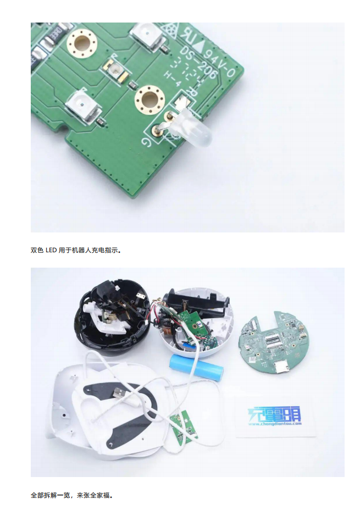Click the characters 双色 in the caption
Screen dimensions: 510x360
click(x=36, y=251)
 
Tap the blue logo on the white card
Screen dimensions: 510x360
click(x=275, y=413)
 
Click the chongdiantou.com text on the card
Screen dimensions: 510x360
click(x=275, y=424)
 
